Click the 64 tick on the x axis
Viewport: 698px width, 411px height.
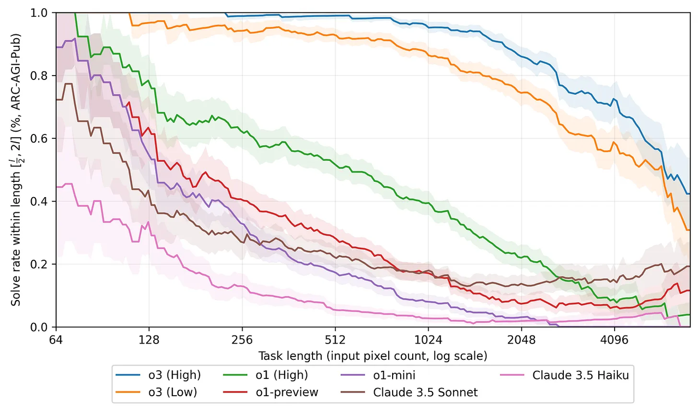click(56, 340)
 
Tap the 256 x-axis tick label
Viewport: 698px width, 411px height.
click(242, 340)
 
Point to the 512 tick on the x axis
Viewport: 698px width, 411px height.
click(335, 340)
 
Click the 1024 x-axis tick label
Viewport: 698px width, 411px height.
click(429, 340)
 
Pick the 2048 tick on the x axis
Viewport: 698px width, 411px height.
click(522, 340)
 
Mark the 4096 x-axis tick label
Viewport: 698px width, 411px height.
click(615, 340)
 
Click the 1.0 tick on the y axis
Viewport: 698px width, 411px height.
click(43, 13)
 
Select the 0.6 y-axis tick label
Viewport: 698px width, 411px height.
click(43, 138)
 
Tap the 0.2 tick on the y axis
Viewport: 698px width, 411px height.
click(43, 264)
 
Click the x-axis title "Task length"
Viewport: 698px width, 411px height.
click(372, 355)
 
